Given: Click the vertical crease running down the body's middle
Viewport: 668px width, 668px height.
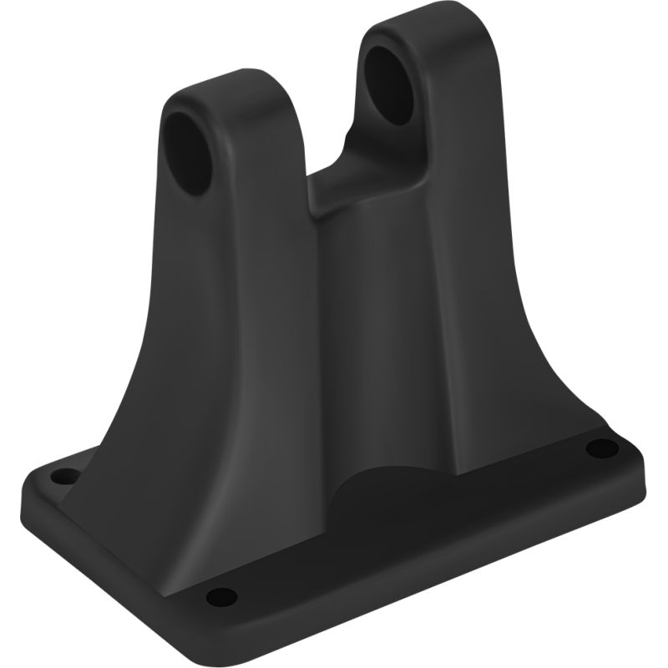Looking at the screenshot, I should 321,334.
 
